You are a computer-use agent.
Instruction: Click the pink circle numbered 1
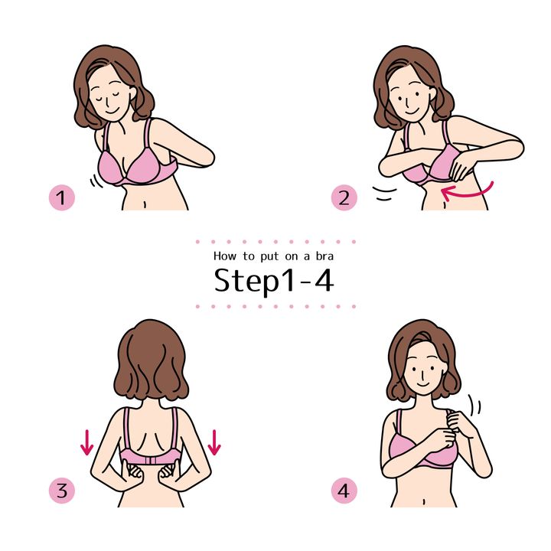pos(62,197)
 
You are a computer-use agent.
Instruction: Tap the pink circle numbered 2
pos(344,197)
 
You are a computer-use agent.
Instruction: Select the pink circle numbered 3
pos(62,491)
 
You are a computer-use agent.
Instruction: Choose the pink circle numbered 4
pos(344,491)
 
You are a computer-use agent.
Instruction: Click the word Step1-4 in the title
pos(274,281)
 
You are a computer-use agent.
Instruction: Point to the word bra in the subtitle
pos(324,256)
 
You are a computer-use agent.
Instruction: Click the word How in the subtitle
pos(225,256)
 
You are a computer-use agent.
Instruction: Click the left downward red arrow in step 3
pos(86,442)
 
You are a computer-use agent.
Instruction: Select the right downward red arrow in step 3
pos(214,442)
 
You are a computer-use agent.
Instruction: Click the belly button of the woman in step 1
pos(145,204)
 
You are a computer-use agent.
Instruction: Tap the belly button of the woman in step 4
pos(425,500)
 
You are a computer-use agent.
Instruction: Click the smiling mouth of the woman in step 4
pos(423,383)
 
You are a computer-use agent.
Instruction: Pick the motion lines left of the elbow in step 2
pos(384,194)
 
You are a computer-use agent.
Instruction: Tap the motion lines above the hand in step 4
pos(475,405)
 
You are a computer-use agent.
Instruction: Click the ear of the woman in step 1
pos(132,93)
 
